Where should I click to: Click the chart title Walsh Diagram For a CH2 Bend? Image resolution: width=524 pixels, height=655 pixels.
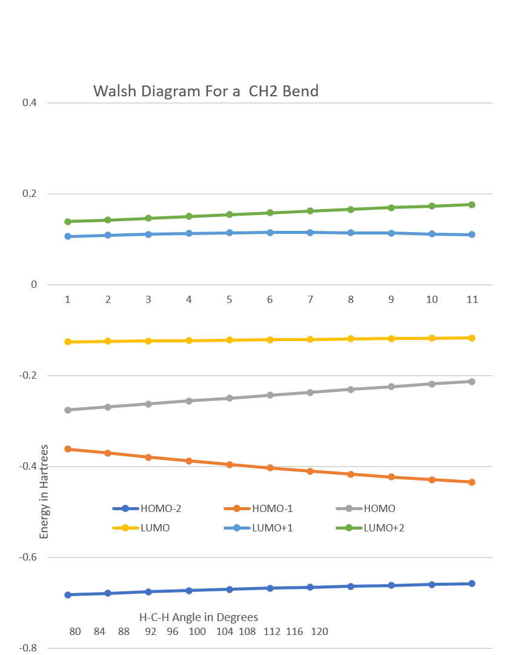click(x=206, y=91)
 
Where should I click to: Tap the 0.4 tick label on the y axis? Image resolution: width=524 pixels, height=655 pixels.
click(x=30, y=103)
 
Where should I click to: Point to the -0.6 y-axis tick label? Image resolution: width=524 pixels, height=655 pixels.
click(x=28, y=557)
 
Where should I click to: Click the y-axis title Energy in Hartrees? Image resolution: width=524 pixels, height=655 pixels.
click(x=44, y=491)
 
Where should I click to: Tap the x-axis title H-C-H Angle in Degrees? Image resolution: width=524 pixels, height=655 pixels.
click(x=199, y=617)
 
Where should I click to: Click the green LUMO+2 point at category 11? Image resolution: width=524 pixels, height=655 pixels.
click(x=472, y=205)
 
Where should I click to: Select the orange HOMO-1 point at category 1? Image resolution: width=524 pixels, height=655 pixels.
click(x=68, y=449)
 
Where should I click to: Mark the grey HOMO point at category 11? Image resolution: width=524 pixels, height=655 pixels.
click(x=472, y=382)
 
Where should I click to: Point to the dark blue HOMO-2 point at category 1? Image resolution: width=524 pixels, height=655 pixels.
click(x=68, y=595)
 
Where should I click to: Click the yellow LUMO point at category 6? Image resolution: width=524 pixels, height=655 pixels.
click(x=270, y=340)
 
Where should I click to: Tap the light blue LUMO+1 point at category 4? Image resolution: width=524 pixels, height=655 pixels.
click(x=189, y=233)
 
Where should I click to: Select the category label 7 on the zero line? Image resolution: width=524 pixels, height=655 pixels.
click(x=310, y=299)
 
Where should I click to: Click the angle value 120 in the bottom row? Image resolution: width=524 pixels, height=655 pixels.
click(x=319, y=632)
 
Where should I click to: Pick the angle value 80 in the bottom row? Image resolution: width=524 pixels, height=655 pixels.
click(x=75, y=632)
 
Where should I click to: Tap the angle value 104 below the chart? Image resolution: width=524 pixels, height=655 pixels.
click(x=225, y=632)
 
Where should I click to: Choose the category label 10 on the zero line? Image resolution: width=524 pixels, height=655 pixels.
click(x=432, y=299)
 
